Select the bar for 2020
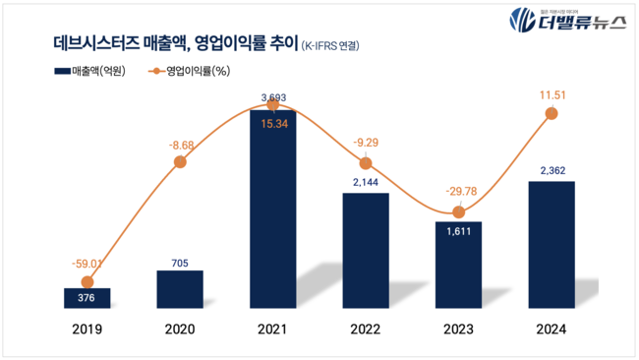pos(180,289)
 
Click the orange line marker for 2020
pos(180,163)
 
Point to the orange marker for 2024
pos(552,114)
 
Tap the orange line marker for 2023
pos(458,212)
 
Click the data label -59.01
pos(87,264)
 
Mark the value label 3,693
pos(272,97)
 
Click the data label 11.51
pos(552,94)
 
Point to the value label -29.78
pos(458,192)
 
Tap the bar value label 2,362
pos(552,169)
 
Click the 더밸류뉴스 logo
pos(566,20)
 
